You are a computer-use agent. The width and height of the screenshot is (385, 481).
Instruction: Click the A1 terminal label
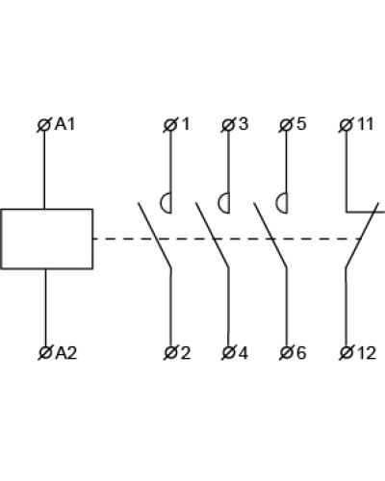[65, 124]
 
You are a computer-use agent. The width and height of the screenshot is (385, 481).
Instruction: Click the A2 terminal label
[66, 353]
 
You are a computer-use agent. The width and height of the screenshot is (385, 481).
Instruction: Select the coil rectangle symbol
[47, 239]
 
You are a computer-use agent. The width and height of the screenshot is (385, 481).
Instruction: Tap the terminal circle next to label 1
[170, 125]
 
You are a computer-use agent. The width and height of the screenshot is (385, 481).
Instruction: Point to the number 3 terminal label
[244, 124]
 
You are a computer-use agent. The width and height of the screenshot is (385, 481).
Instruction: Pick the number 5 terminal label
[301, 124]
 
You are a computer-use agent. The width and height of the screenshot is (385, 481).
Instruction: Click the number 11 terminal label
[366, 124]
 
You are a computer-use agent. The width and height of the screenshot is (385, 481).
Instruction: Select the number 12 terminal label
[366, 353]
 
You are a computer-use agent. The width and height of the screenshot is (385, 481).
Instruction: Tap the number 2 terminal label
[186, 353]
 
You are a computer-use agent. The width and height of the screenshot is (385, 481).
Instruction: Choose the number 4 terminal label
[244, 353]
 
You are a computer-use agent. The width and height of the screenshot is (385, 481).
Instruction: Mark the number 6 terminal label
[301, 353]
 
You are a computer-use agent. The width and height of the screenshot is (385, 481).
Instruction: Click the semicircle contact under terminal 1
[165, 203]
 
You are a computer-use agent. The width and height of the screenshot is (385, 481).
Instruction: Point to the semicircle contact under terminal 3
[222, 203]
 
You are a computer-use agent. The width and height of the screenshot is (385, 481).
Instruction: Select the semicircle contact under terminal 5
[280, 203]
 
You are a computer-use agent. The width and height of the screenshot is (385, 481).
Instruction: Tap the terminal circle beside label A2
[45, 353]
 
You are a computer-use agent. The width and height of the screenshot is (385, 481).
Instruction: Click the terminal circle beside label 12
[346, 353]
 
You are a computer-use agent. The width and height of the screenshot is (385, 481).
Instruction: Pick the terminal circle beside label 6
[286, 353]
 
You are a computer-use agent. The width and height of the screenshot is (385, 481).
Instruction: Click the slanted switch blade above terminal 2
[155, 235]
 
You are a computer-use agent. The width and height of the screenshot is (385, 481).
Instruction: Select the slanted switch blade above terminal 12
[362, 235]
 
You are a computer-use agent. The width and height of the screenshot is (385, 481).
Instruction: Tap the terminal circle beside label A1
[44, 125]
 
